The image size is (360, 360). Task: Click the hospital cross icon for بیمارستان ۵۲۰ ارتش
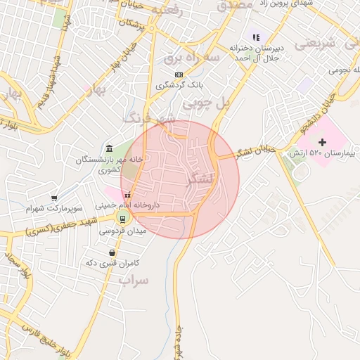click(x=323, y=143)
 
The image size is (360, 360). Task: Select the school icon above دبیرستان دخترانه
click(x=256, y=37)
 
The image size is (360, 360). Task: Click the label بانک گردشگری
click(x=179, y=85)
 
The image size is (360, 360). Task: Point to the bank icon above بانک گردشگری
click(x=179, y=74)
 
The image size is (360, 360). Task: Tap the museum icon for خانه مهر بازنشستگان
click(x=109, y=148)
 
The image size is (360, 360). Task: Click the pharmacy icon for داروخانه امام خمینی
click(x=127, y=195)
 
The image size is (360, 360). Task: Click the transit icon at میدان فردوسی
click(x=122, y=218)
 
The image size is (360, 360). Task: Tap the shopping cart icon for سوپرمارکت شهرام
click(x=55, y=199)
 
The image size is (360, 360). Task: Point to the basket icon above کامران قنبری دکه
click(x=112, y=252)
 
